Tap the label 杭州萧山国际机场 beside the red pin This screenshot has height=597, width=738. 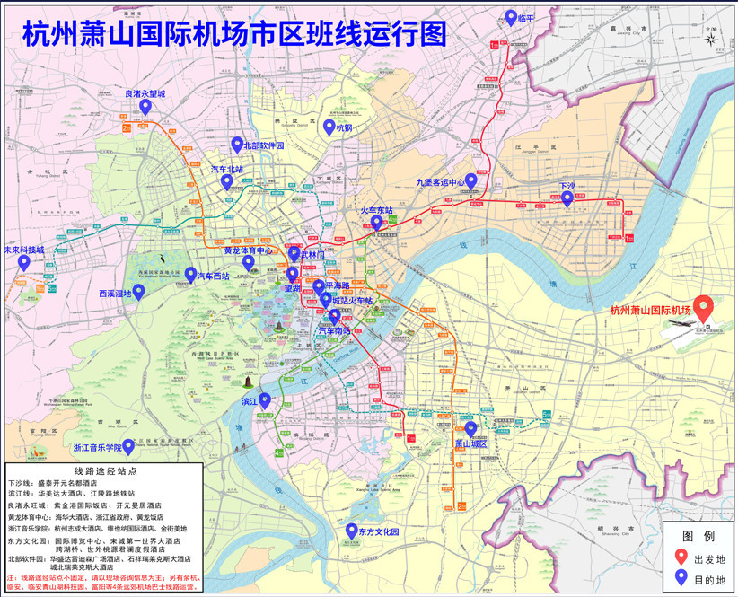coord(650,311)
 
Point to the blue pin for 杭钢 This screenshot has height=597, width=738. coord(329,127)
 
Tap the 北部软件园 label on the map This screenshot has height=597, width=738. coord(263,145)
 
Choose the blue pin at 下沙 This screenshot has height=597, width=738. coord(567,198)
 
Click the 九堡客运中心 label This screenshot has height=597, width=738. coord(440,181)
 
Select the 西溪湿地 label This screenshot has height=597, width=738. coord(115,293)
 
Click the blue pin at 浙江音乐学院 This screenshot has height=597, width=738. coord(128,445)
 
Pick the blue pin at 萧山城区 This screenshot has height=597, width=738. coord(470,428)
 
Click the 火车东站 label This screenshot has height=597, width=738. coord(377,210)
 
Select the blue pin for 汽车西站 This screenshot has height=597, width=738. coord(190,275)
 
